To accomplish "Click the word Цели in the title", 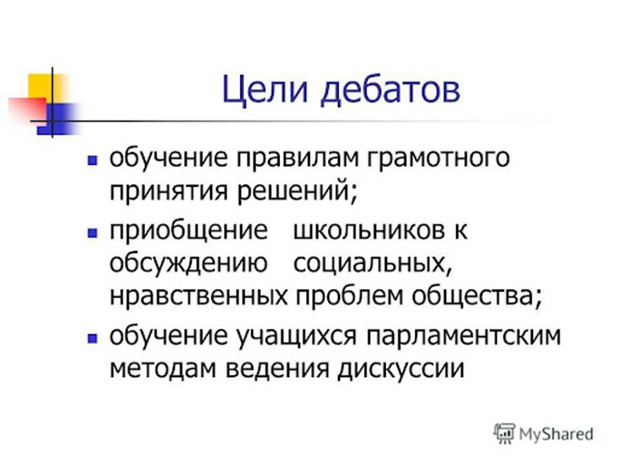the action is point(264,91).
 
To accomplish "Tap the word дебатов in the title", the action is point(390,90).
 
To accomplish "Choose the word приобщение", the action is point(188,231).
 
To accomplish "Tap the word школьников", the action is point(370,230).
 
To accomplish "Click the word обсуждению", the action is point(188,264).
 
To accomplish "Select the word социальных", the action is point(373,264).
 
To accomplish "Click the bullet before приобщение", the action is point(93,233).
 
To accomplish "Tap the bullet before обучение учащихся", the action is point(93,339).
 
